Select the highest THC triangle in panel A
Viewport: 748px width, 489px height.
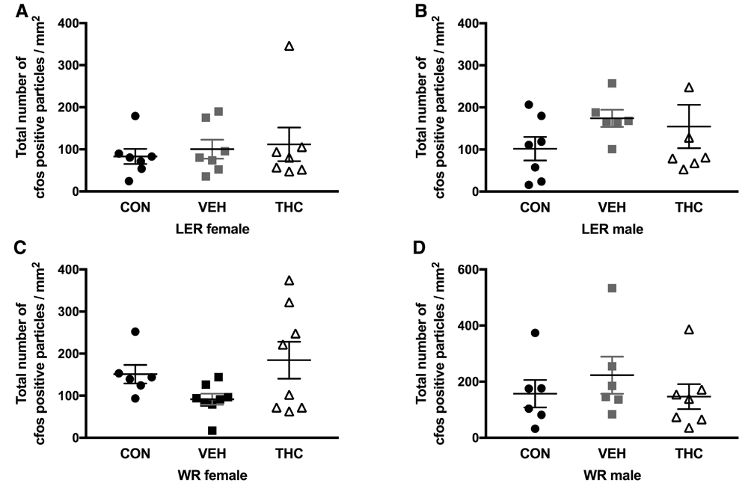pos(289,46)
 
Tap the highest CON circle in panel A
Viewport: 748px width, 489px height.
pos(135,116)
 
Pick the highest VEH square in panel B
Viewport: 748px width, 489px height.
pos(612,83)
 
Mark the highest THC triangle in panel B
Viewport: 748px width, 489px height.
pos(689,87)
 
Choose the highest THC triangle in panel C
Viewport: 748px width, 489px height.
pos(289,280)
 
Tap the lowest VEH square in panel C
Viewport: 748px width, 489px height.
pos(191,430)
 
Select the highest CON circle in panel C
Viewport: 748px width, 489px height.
pos(135,331)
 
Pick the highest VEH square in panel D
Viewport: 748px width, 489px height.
pos(612,288)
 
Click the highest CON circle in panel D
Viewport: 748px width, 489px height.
pos(535,333)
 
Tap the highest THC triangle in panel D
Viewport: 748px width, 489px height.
pos(689,330)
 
